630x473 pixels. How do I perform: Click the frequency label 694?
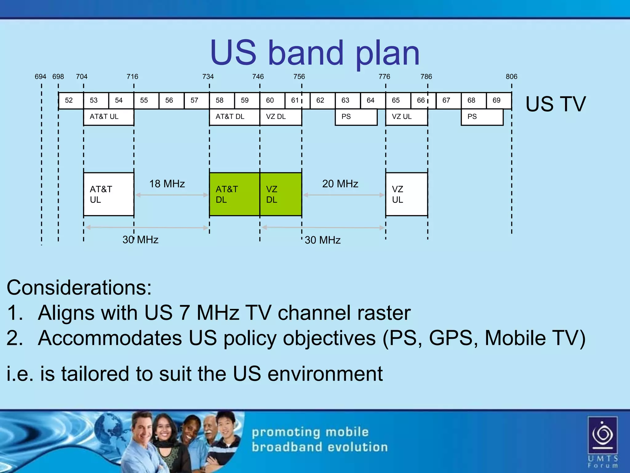[40, 76]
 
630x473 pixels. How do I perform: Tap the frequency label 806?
[511, 76]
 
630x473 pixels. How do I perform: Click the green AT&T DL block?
[234, 194]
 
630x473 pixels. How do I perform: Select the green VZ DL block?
[281, 194]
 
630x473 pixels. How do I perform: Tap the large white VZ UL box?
[406, 194]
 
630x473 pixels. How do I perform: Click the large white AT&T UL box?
[109, 194]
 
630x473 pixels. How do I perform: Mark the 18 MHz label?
[167, 184]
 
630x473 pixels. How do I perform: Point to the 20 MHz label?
[340, 184]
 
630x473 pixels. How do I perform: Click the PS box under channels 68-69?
[482, 117]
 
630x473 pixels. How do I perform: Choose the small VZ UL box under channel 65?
[406, 117]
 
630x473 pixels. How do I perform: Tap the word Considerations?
[79, 288]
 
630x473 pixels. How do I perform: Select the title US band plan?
[315, 53]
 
